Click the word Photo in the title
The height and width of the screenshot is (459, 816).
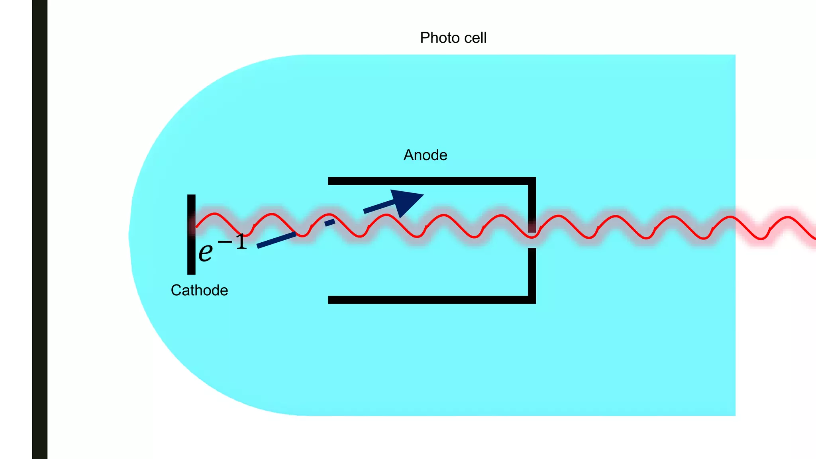438,38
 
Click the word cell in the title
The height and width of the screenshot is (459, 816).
475,38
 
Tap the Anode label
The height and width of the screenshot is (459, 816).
425,155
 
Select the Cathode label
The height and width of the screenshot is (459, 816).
199,290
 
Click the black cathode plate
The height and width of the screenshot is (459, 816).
191,255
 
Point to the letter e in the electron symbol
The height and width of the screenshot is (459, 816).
206,252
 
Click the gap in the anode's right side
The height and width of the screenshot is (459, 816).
532,241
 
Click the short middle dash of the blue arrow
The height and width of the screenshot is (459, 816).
330,222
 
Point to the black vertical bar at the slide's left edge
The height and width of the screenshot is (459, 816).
39,229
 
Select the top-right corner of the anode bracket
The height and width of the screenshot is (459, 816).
532,181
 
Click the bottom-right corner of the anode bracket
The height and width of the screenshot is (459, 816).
532,300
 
